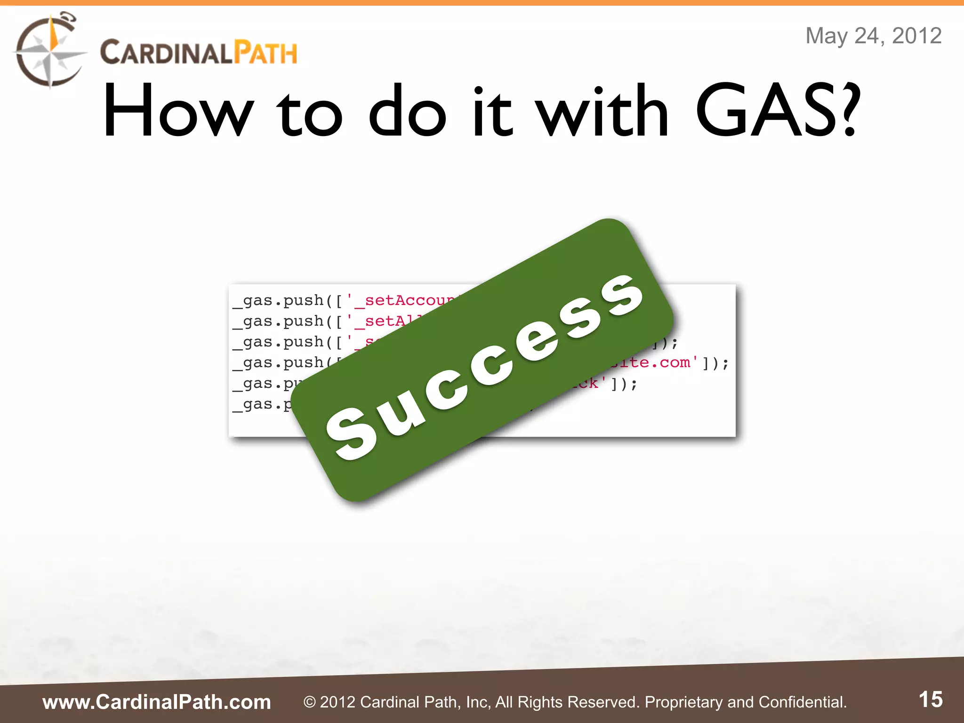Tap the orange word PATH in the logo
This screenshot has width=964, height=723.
click(265, 53)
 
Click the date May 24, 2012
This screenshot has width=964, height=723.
click(873, 36)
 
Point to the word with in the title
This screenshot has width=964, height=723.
click(603, 112)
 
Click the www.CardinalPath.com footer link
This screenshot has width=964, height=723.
click(157, 702)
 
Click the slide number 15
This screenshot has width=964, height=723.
click(931, 699)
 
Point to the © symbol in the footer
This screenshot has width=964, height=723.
click(309, 702)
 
